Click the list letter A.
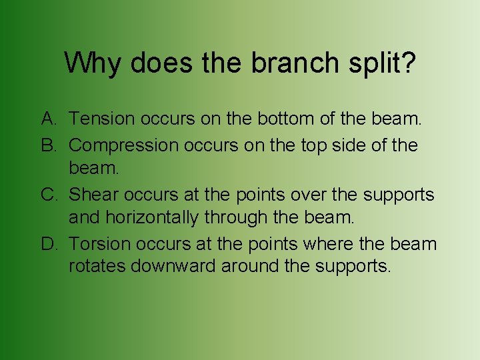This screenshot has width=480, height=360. [49, 119]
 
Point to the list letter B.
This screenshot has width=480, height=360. [49, 145]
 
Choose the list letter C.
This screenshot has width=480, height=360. [49, 194]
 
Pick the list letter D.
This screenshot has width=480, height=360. [49, 243]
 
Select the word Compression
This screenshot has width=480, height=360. [119, 145]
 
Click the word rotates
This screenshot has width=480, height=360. [97, 267]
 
